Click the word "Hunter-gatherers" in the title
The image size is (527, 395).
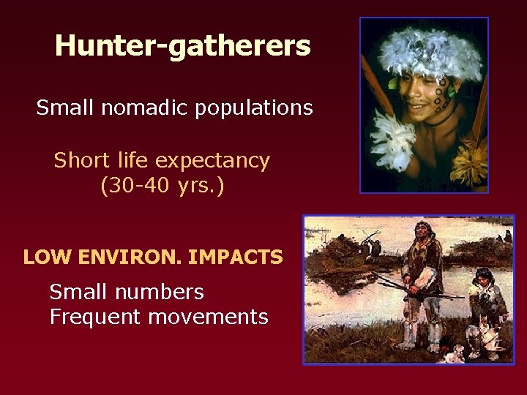pyautogui.click(x=182, y=46)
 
